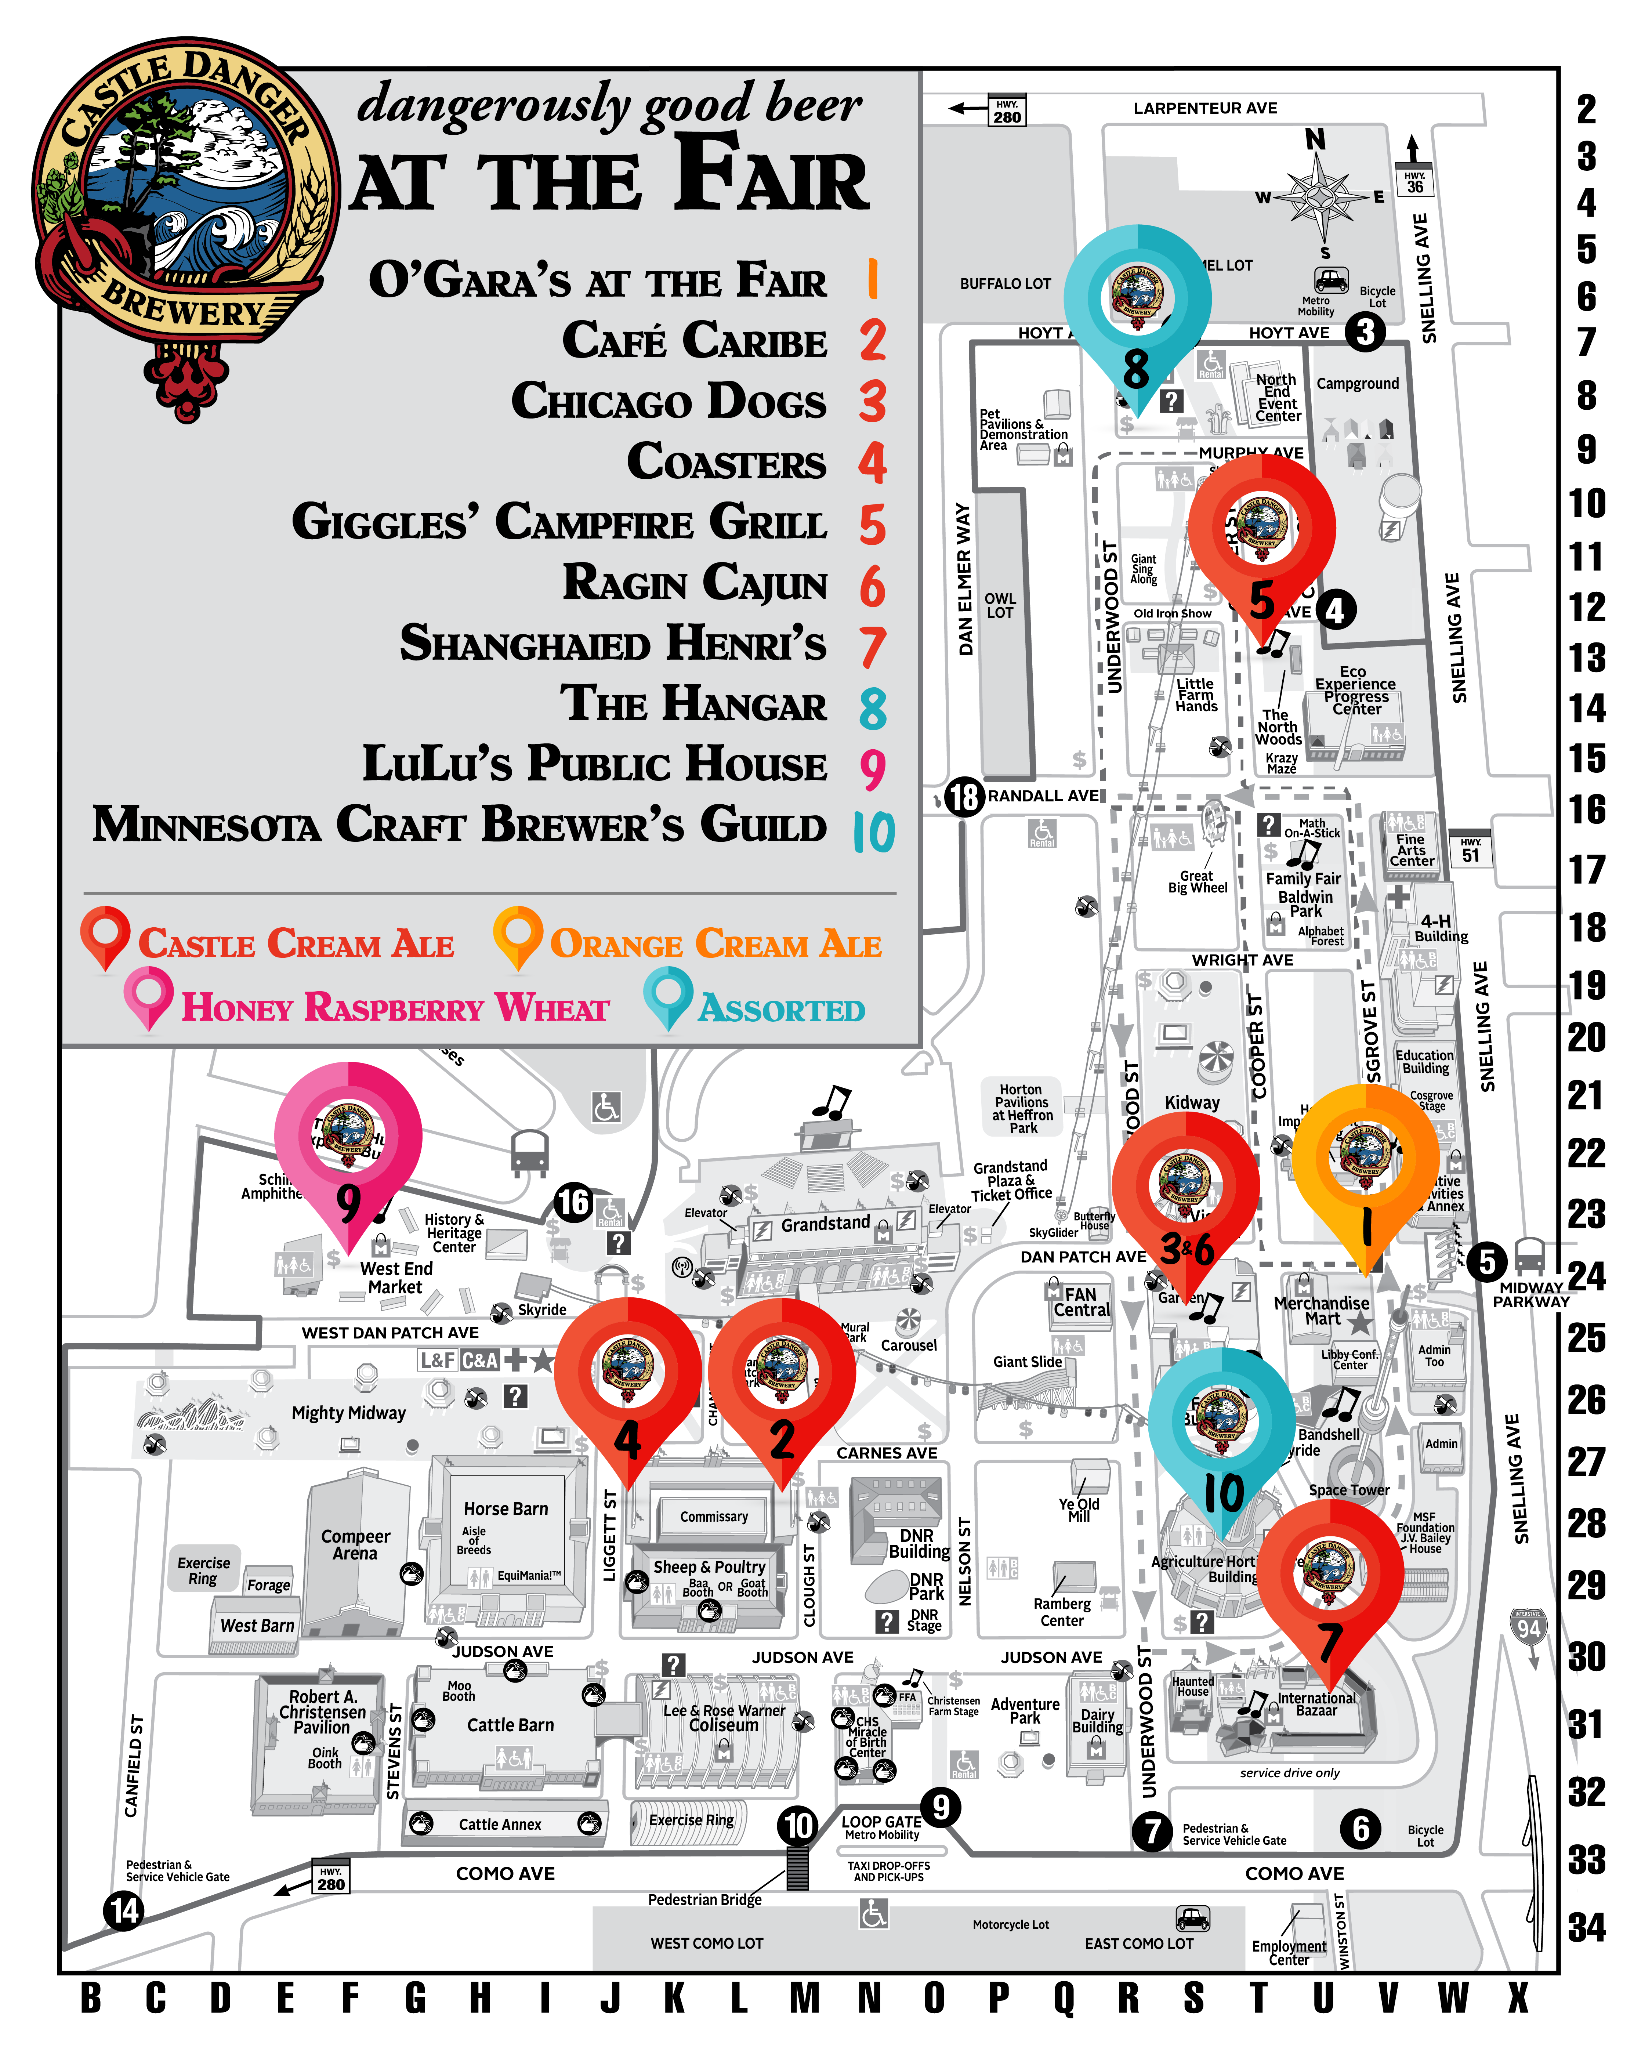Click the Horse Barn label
pos(506,1508)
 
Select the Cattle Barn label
pos(510,1725)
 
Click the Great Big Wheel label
pos(1197,881)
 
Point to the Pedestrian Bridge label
pos(705,1899)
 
